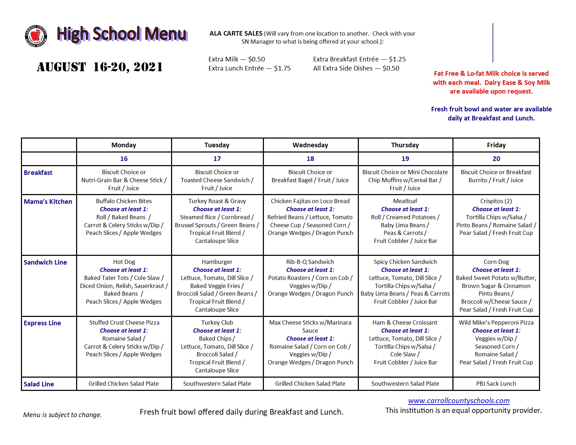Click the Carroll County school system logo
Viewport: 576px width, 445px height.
tap(36, 36)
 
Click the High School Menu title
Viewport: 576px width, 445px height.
tap(122, 34)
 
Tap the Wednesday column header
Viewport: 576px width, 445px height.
tap(310, 145)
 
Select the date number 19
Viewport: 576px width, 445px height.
tap(405, 159)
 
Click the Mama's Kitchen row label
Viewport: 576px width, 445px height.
tap(48, 202)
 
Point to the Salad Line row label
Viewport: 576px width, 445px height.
tap(39, 384)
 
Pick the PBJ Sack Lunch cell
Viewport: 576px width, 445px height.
tap(496, 384)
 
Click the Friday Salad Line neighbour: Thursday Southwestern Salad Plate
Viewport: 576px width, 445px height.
tap(405, 384)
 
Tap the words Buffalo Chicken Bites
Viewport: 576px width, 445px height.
tap(124, 201)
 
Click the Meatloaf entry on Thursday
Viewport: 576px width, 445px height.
tap(405, 201)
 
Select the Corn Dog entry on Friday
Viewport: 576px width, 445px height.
tap(496, 262)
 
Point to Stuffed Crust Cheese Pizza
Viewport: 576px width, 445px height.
tap(124, 322)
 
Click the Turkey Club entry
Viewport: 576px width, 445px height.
tap(217, 322)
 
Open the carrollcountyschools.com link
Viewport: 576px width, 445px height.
tap(459, 401)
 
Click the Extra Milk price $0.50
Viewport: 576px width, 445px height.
tap(257, 59)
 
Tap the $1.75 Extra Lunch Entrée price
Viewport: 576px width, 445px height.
tap(282, 68)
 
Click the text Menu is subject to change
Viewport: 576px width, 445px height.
tap(62, 415)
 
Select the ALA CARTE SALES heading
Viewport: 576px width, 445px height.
tap(236, 34)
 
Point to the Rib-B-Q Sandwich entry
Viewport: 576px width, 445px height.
tap(310, 262)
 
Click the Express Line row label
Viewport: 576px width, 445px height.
tap(42, 323)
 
